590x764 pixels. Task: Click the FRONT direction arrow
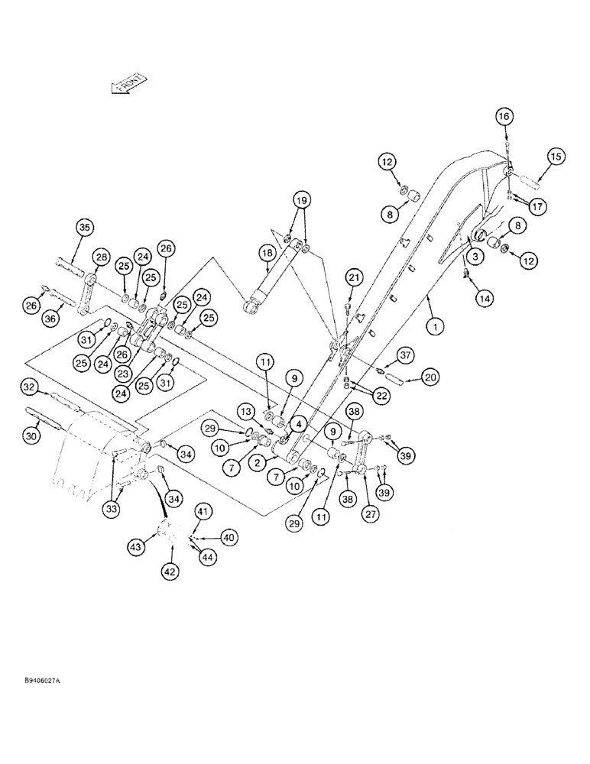pos(128,84)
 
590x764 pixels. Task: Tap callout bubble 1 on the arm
pos(435,326)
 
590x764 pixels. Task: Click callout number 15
pos(555,157)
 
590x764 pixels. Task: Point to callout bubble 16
pos(504,116)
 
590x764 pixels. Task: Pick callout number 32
pos(29,388)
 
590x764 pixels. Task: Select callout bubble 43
pos(136,548)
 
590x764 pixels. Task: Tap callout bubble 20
pos(430,377)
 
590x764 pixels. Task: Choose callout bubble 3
pos(475,258)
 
